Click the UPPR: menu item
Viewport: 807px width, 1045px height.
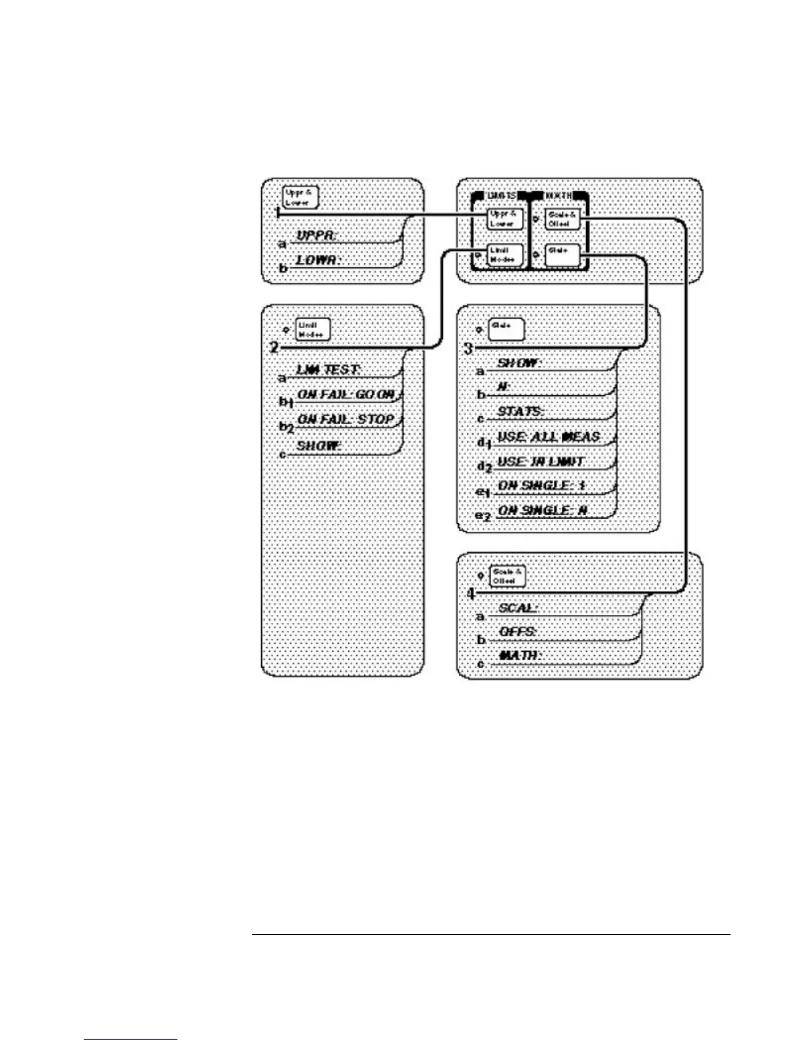[x=317, y=236]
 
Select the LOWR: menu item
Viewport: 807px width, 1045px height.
[x=317, y=260]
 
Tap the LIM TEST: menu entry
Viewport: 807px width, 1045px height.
[x=328, y=370]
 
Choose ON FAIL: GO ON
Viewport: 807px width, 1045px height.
[x=346, y=395]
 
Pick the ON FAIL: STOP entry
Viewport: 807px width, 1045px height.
[x=346, y=420]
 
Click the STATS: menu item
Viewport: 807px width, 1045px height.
[x=520, y=412]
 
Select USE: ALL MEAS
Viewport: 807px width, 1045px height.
[x=549, y=437]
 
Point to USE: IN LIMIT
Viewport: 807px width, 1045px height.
[x=541, y=462]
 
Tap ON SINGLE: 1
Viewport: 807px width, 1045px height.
[x=541, y=486]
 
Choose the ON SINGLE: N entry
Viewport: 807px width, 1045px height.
[x=543, y=511]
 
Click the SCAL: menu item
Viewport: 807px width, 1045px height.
[x=518, y=608]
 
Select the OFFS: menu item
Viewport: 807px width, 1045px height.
[x=518, y=632]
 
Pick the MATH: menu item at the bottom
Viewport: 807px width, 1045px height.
[x=520, y=656]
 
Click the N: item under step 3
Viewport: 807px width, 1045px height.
[x=505, y=387]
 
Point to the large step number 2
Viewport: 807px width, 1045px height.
[x=274, y=347]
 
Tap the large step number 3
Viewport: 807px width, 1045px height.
[x=469, y=348]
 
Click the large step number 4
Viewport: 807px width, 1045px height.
[x=471, y=594]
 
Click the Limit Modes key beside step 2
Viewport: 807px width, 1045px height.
[x=312, y=330]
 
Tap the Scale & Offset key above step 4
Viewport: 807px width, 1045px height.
[x=507, y=576]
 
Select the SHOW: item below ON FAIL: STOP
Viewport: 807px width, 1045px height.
[x=318, y=446]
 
